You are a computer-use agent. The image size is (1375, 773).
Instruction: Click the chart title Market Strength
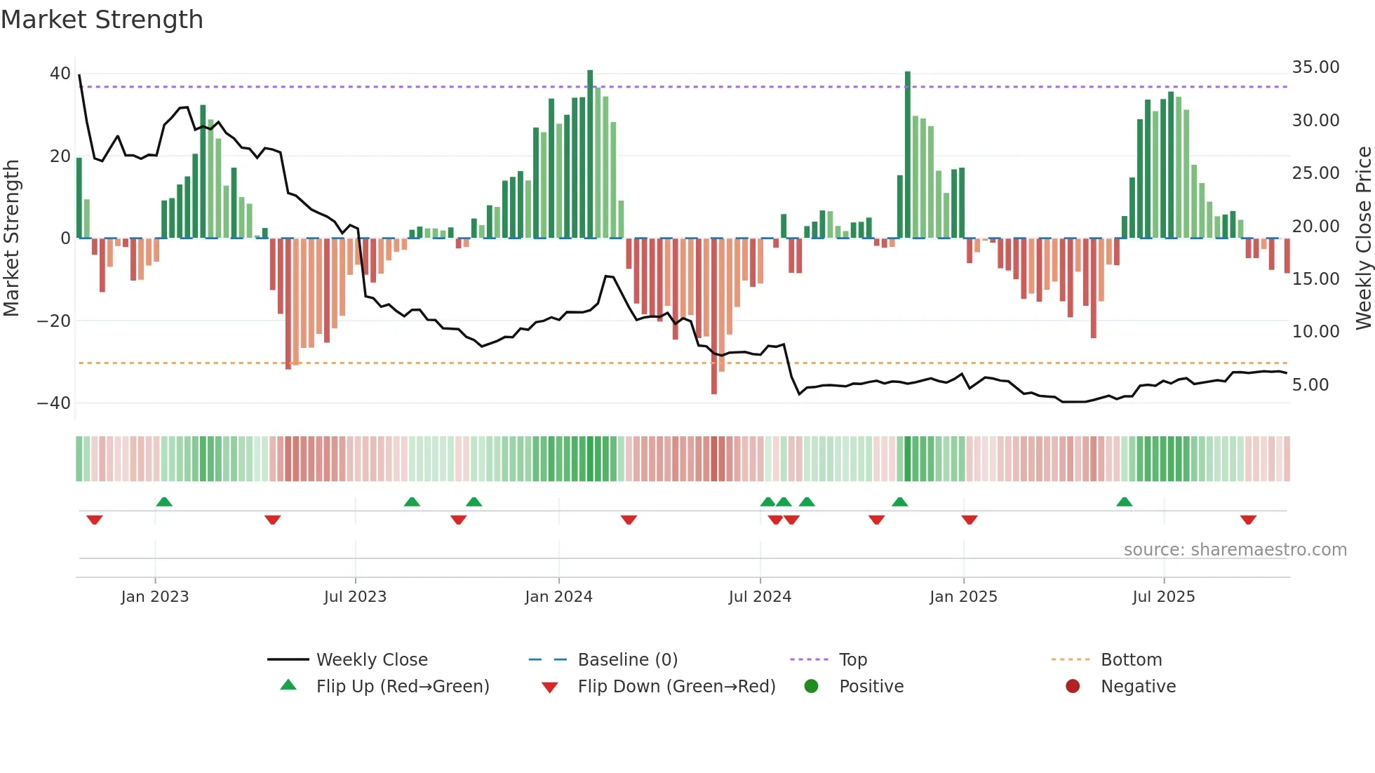[102, 20]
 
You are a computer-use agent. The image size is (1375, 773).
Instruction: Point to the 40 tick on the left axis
[60, 74]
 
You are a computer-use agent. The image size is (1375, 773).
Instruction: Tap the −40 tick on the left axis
[54, 403]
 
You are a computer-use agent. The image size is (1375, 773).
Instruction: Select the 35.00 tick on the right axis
[1315, 67]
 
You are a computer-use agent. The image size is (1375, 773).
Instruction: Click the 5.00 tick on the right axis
[1310, 385]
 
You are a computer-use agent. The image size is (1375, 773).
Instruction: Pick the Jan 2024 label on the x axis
[558, 597]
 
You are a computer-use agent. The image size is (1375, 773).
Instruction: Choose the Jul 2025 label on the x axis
[1163, 597]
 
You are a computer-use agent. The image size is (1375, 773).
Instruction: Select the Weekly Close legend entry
[371, 660]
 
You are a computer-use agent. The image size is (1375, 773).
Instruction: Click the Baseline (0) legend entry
[627, 660]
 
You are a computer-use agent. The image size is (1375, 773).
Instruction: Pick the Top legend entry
[852, 660]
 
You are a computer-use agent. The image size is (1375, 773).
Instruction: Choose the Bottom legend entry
[1131, 660]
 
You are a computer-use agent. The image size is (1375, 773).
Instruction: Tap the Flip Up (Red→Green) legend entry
[402, 687]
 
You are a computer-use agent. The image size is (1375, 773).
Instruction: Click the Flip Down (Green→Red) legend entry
[676, 687]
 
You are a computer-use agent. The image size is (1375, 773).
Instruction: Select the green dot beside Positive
[812, 687]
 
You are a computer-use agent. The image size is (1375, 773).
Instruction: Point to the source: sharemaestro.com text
[1235, 550]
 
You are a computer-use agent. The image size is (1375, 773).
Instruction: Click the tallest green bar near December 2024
[908, 154]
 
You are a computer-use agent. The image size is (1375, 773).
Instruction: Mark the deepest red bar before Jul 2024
[714, 316]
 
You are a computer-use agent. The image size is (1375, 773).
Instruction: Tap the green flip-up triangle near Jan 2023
[164, 502]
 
